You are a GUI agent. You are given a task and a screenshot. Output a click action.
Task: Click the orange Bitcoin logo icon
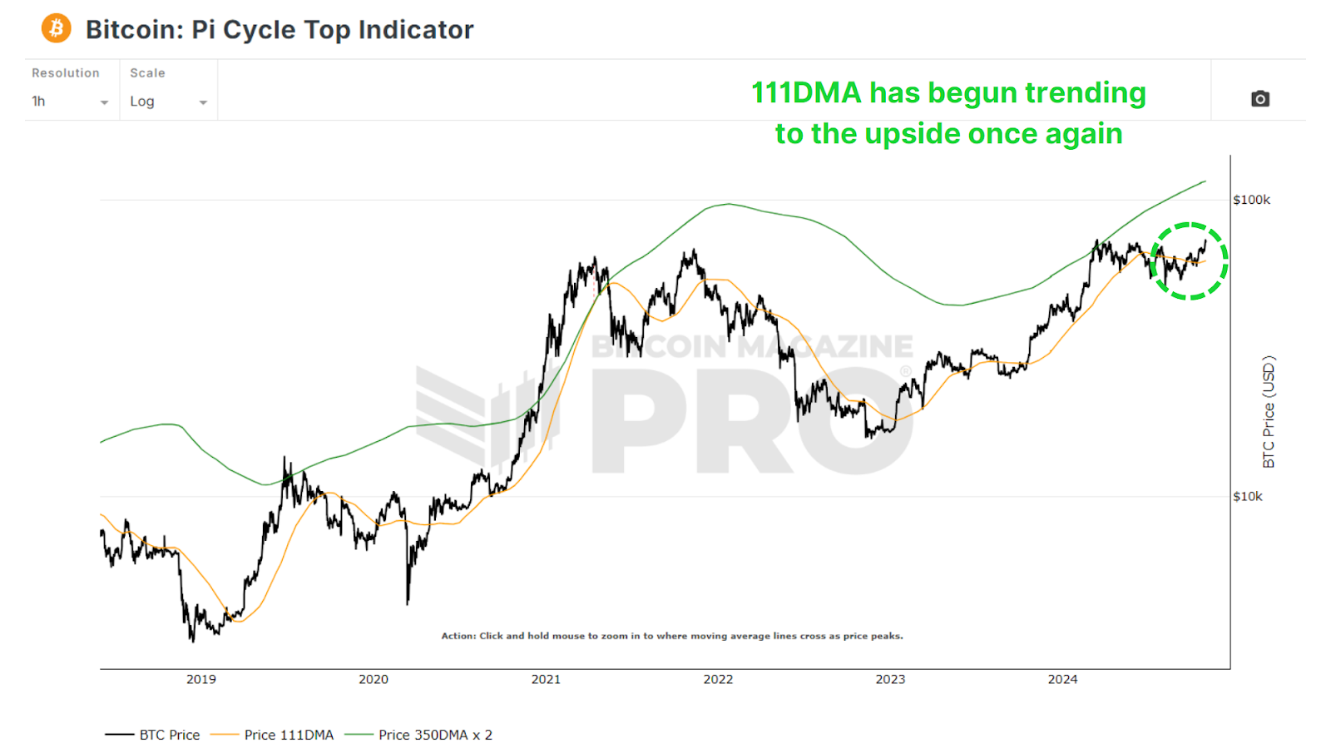56,29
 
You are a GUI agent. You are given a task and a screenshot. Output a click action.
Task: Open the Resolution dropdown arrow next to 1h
104,102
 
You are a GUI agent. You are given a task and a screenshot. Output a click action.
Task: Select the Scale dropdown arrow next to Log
203,102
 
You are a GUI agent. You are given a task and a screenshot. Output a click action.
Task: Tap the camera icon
1260,99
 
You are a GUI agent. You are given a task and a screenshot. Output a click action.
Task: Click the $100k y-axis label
1251,200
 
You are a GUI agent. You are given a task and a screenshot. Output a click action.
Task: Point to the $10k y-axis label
1247,497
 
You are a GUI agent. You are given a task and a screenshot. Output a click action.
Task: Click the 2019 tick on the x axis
200,679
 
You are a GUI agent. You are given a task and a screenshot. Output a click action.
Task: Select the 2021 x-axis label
546,679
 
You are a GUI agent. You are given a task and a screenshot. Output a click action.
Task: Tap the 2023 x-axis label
890,679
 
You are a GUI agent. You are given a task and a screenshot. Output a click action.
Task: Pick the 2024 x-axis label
1062,679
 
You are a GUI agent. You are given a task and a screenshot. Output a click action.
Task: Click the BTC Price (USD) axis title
1269,412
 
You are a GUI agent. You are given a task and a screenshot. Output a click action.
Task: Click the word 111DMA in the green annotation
805,93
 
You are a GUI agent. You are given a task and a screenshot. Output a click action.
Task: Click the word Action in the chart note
458,636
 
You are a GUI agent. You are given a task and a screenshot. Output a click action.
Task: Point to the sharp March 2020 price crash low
408,602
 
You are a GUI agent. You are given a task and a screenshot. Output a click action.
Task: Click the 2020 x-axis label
374,679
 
